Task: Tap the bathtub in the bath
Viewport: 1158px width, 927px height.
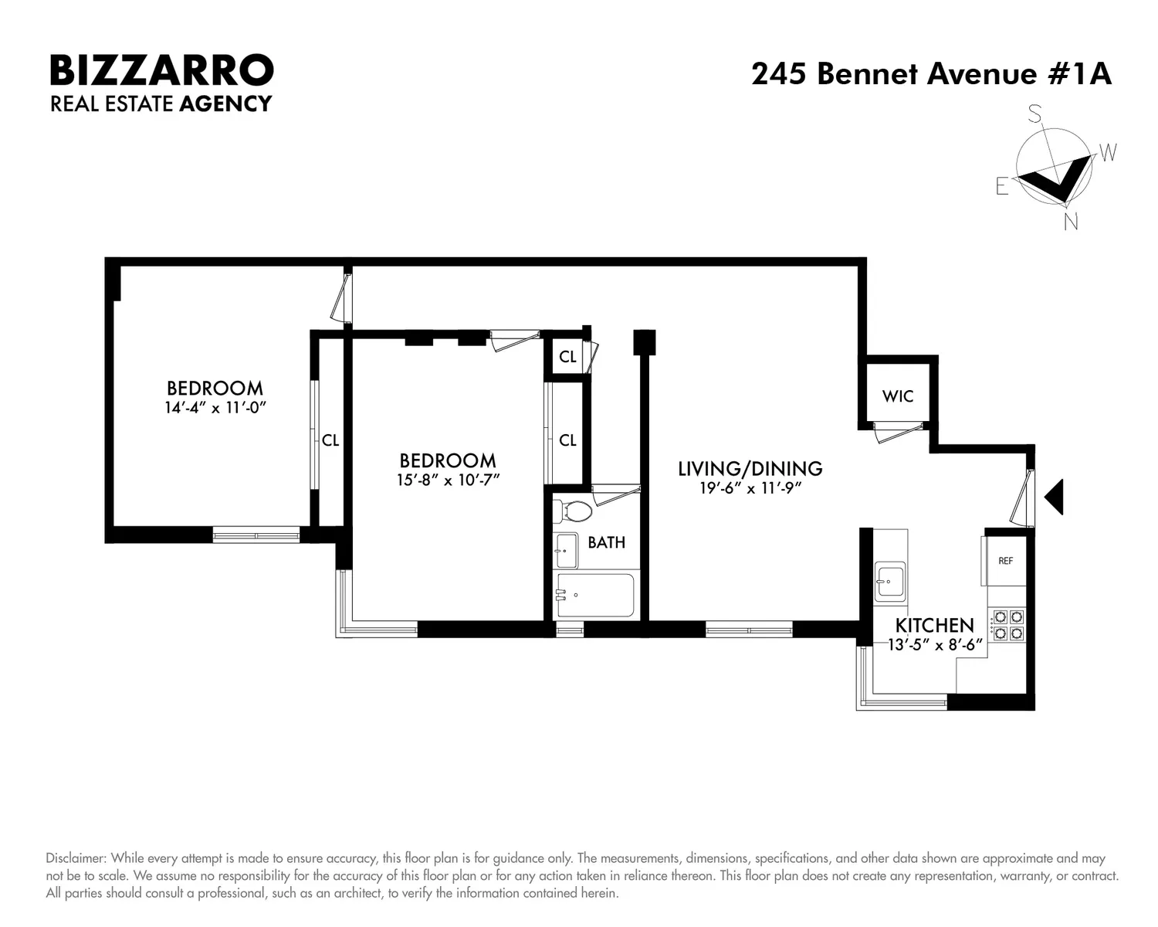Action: (595, 595)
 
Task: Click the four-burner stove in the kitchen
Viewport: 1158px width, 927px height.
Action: (1008, 625)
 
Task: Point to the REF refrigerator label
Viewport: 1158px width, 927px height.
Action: (1005, 561)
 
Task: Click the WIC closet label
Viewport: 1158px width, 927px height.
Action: (898, 396)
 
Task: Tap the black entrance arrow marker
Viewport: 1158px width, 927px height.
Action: (1054, 497)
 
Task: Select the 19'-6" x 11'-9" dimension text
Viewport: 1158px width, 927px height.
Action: (750, 488)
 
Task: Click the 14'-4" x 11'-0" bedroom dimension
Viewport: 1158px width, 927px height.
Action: (215, 407)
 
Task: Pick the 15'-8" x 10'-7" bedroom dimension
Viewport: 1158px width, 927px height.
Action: (449, 480)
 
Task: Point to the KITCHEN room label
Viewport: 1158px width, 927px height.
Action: (935, 626)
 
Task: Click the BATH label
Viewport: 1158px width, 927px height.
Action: (607, 542)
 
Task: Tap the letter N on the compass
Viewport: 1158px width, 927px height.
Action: (1071, 222)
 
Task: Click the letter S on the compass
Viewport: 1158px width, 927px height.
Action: (1034, 114)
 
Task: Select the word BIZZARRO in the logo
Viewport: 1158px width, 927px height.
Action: (162, 70)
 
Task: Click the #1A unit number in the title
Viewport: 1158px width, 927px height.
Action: (1079, 73)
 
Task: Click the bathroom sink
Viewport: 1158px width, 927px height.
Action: (567, 551)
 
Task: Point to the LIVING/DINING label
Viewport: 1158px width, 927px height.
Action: (750, 469)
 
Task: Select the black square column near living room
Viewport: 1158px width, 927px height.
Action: (644, 342)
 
